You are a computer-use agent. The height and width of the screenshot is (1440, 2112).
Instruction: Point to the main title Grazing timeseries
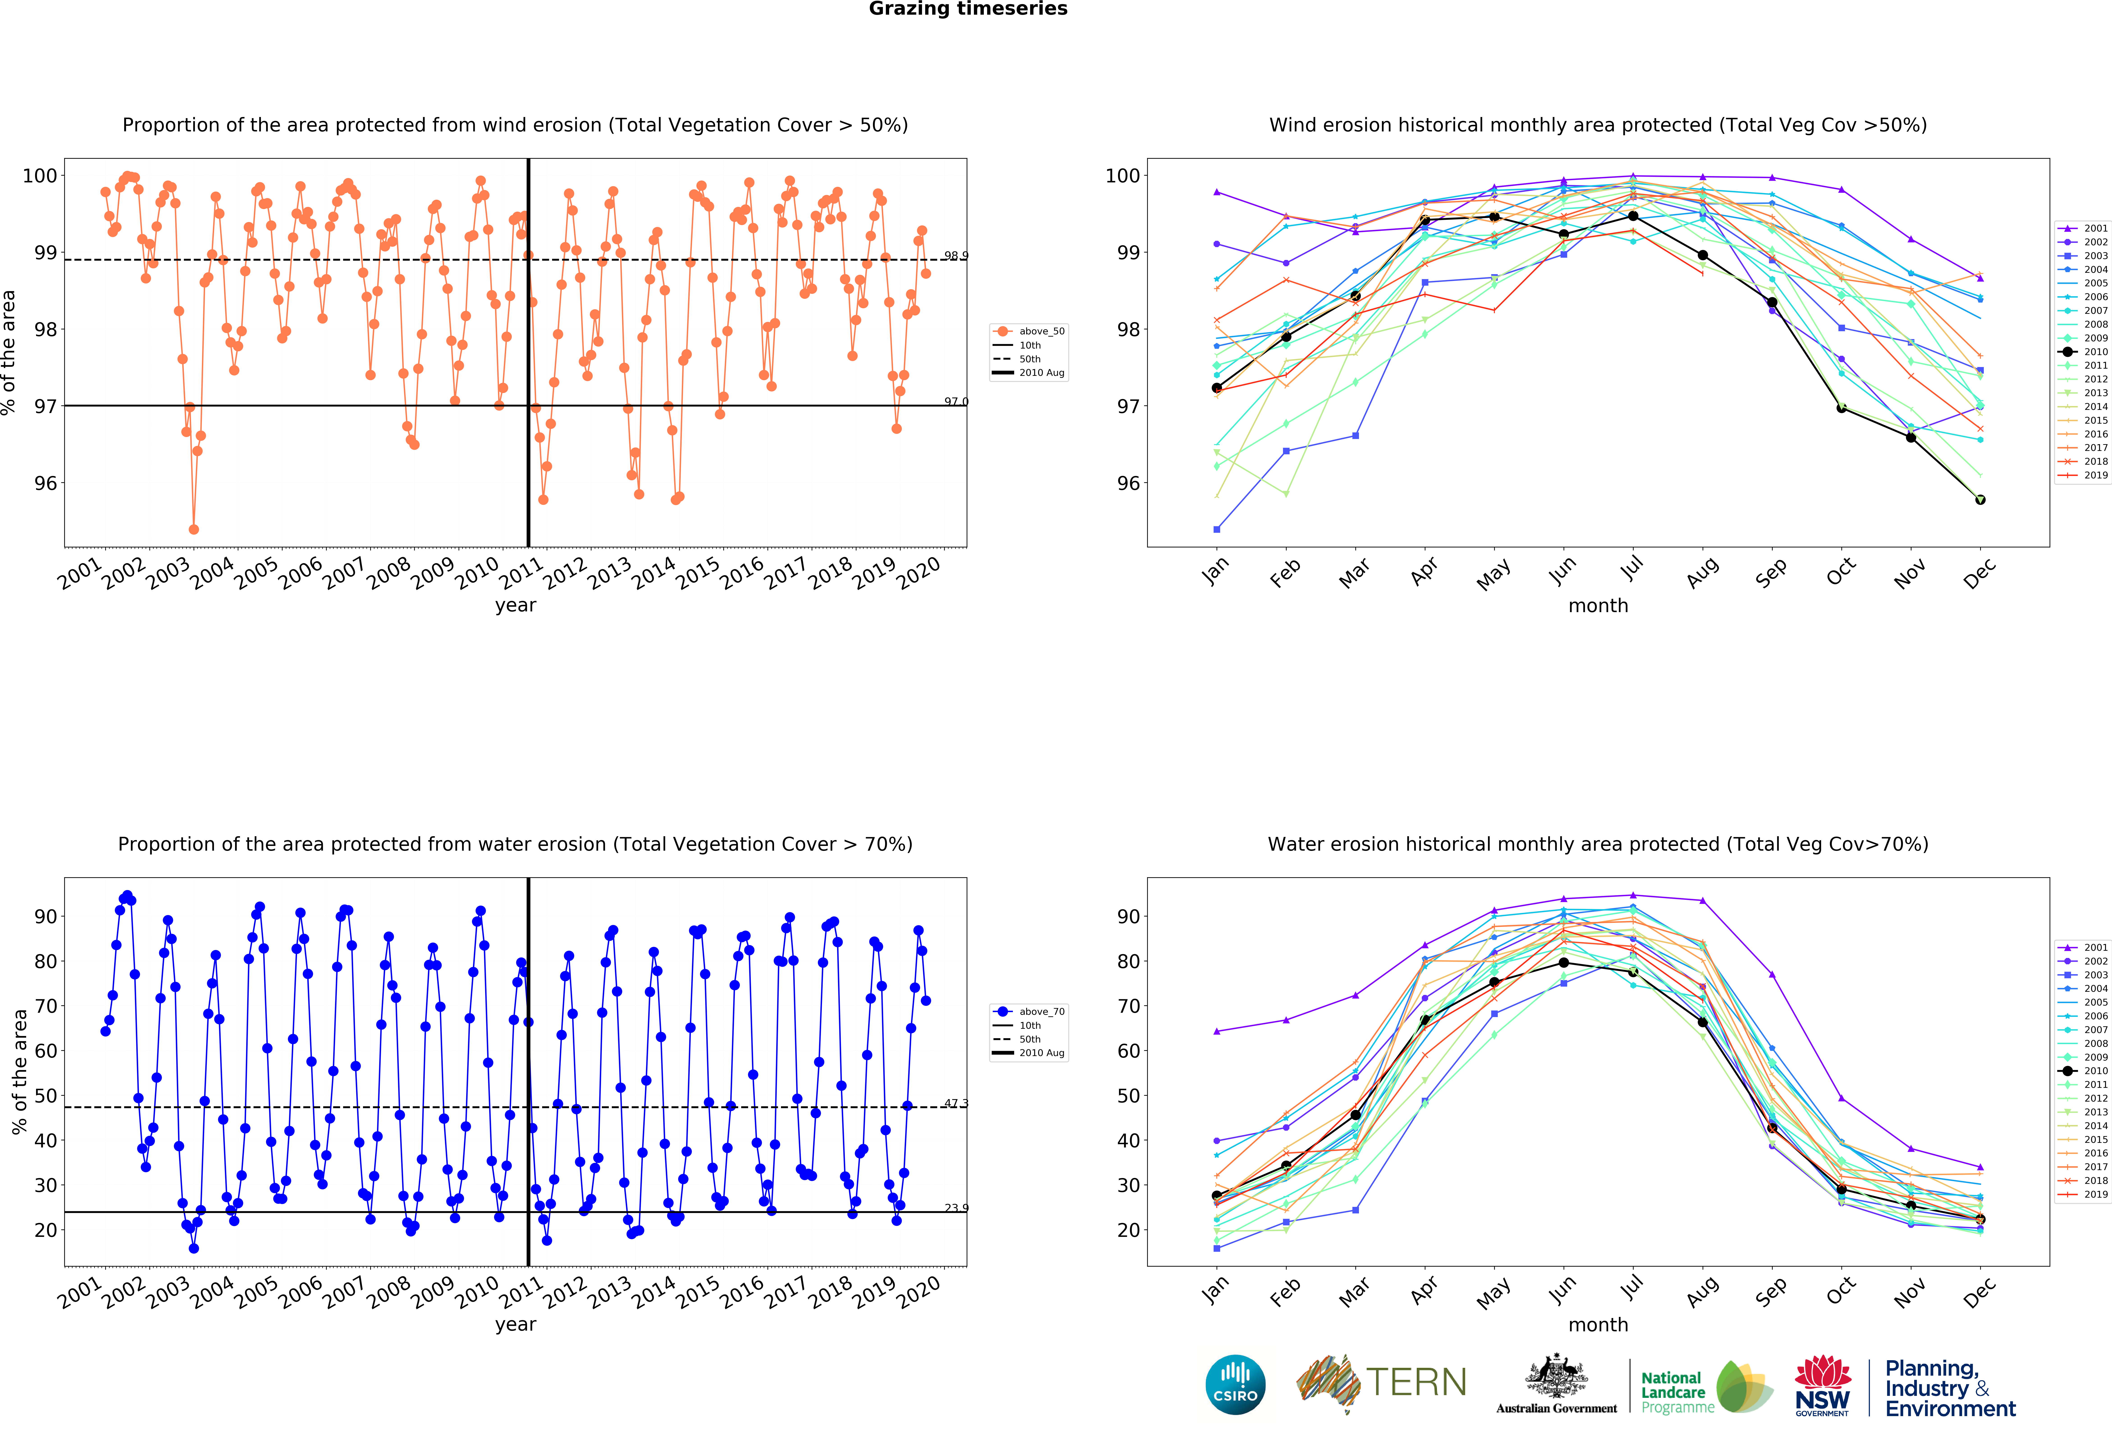968,9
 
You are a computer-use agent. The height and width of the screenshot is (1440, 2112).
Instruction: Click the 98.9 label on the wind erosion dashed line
955,256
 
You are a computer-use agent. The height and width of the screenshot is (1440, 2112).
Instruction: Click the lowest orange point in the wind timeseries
194,529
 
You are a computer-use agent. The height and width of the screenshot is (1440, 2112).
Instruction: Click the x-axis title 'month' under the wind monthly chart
1598,605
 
